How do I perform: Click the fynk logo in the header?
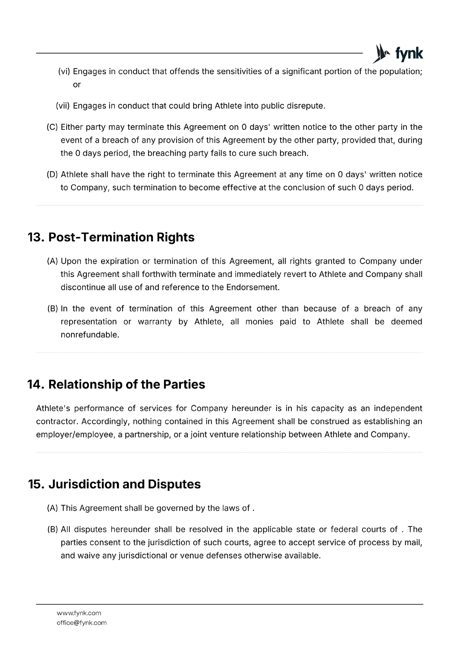click(398, 54)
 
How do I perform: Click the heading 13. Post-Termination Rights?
click(111, 237)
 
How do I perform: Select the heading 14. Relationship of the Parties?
click(116, 385)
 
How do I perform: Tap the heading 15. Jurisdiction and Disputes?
click(114, 484)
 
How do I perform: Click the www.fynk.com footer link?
click(79, 613)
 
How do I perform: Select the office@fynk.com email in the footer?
click(82, 623)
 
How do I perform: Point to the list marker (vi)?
click(64, 72)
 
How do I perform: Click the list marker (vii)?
click(63, 106)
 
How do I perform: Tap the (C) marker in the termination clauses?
click(52, 127)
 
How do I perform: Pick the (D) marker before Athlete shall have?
click(52, 175)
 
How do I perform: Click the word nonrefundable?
click(90, 335)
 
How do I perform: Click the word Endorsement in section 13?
click(252, 288)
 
